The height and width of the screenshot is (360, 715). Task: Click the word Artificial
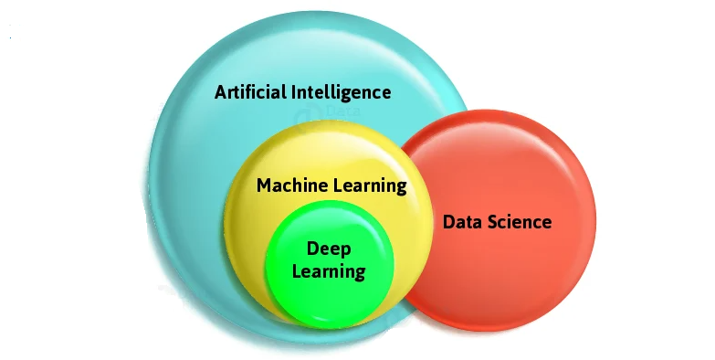point(249,92)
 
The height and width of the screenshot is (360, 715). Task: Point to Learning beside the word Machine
point(368,186)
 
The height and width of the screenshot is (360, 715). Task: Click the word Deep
point(330,249)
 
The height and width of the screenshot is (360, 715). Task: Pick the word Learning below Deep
point(330,271)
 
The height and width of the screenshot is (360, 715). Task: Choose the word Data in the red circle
point(462,222)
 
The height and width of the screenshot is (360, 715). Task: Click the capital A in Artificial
point(220,92)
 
